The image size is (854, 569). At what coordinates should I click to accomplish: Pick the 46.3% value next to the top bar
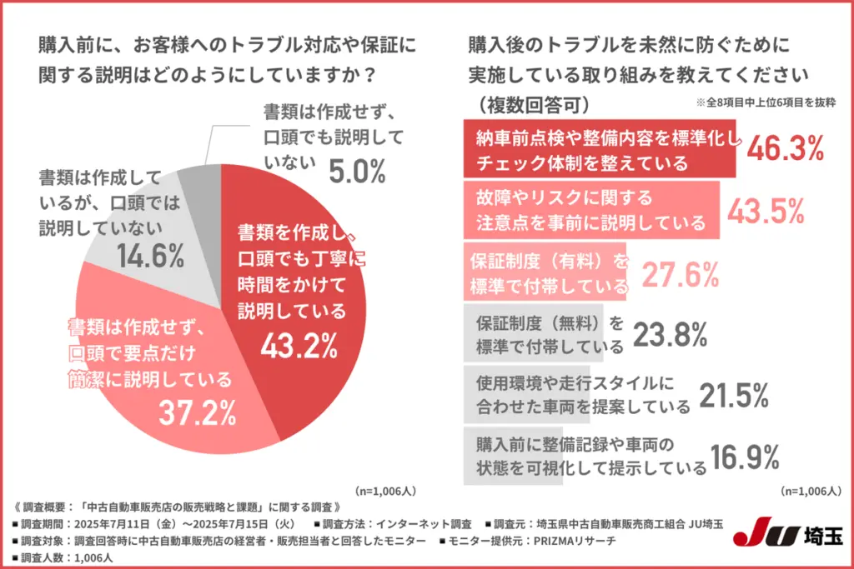[x=785, y=150]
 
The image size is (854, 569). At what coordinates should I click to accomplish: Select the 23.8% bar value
[x=671, y=333]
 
